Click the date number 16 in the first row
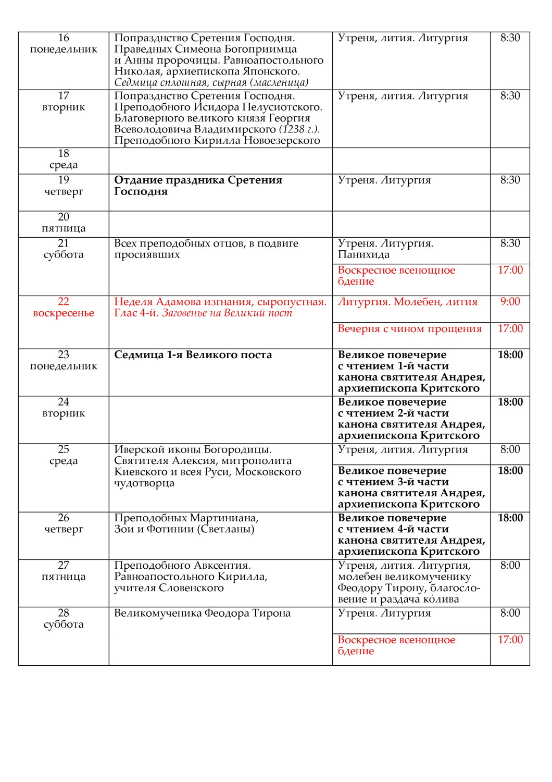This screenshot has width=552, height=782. (x=64, y=38)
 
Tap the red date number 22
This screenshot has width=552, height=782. (x=64, y=302)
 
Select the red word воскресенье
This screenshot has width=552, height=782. (x=64, y=313)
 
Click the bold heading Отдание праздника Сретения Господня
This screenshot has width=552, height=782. (x=198, y=186)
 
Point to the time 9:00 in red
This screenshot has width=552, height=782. (x=510, y=302)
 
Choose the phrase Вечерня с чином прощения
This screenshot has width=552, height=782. (x=409, y=329)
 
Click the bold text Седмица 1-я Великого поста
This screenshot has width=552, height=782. (x=193, y=355)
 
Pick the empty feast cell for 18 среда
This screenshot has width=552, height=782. (x=220, y=161)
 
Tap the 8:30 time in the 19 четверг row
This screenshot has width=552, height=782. (x=510, y=180)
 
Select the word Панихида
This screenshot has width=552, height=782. (x=363, y=255)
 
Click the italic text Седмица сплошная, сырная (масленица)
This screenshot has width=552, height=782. (x=211, y=83)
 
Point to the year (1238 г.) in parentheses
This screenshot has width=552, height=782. (x=299, y=129)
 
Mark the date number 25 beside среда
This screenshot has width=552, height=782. (x=64, y=449)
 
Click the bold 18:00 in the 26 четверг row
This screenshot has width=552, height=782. (x=510, y=518)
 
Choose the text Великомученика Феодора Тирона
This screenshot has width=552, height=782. (x=202, y=614)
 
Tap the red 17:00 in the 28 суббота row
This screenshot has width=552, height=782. (x=510, y=640)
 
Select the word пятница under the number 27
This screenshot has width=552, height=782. (x=64, y=577)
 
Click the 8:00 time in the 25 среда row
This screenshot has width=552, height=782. (x=510, y=450)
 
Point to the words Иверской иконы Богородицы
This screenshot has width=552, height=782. (x=193, y=450)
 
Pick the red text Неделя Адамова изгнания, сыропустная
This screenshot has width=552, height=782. (x=220, y=302)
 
